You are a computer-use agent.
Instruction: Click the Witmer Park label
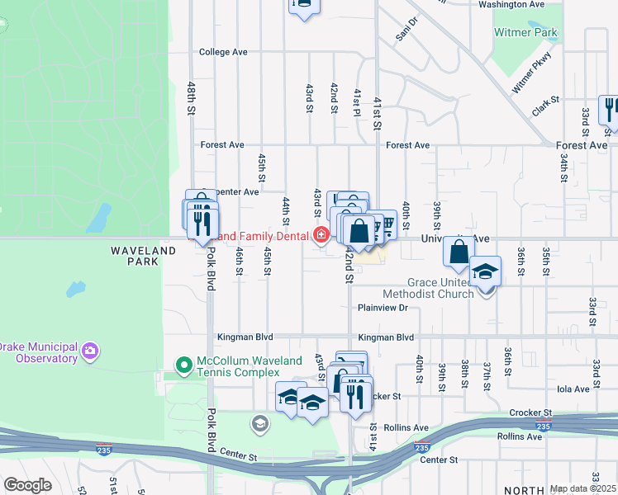[x=525, y=33]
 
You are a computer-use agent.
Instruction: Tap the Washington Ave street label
[x=511, y=4]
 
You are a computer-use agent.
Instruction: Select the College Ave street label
[x=223, y=52]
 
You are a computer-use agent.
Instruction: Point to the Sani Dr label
[x=406, y=28]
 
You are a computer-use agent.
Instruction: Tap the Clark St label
[x=546, y=105]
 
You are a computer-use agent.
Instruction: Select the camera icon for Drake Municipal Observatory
[x=90, y=352]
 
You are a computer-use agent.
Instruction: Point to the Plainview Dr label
[x=383, y=308]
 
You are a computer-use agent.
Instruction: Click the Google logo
[x=27, y=485]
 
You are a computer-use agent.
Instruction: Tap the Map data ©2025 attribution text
[x=582, y=488]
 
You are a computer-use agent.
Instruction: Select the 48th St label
[x=191, y=97]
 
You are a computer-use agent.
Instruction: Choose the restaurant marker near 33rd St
[x=611, y=111]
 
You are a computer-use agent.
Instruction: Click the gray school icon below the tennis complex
[x=260, y=424]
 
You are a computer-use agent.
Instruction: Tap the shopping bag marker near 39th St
[x=459, y=251]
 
